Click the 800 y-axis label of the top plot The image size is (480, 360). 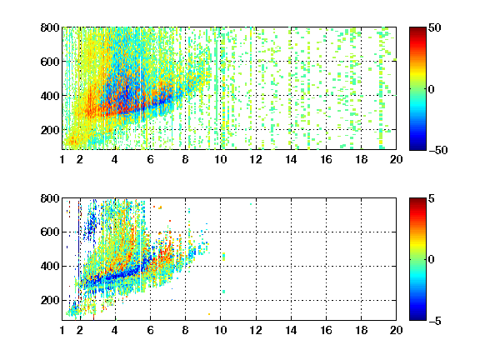pos(50,27)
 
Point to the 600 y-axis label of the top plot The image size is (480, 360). pos(50,62)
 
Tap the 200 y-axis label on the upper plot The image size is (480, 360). pos(50,130)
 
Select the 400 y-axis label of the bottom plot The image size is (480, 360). pos(50,266)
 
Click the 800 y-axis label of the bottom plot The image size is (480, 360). pos(50,198)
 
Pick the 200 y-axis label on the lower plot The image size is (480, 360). pos(50,300)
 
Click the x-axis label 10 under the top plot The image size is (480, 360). pos(220,159)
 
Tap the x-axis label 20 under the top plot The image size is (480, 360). pos(396,159)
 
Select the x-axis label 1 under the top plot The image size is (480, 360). pos(62,159)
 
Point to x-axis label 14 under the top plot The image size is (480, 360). pos(291,159)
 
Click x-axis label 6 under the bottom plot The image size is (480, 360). pos(150,330)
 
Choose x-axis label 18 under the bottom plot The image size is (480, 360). pos(361,330)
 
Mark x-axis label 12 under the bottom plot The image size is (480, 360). pos(256,330)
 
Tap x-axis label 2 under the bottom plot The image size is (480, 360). pos(80,330)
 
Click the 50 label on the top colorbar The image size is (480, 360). pos(434,27)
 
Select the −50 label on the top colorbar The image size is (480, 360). pos(437,150)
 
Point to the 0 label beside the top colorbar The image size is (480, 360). pos(431,89)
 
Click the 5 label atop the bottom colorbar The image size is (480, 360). pos(431,198)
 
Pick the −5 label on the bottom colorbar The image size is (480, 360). pos(434,321)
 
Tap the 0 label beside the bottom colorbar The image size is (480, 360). pos(431,260)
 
